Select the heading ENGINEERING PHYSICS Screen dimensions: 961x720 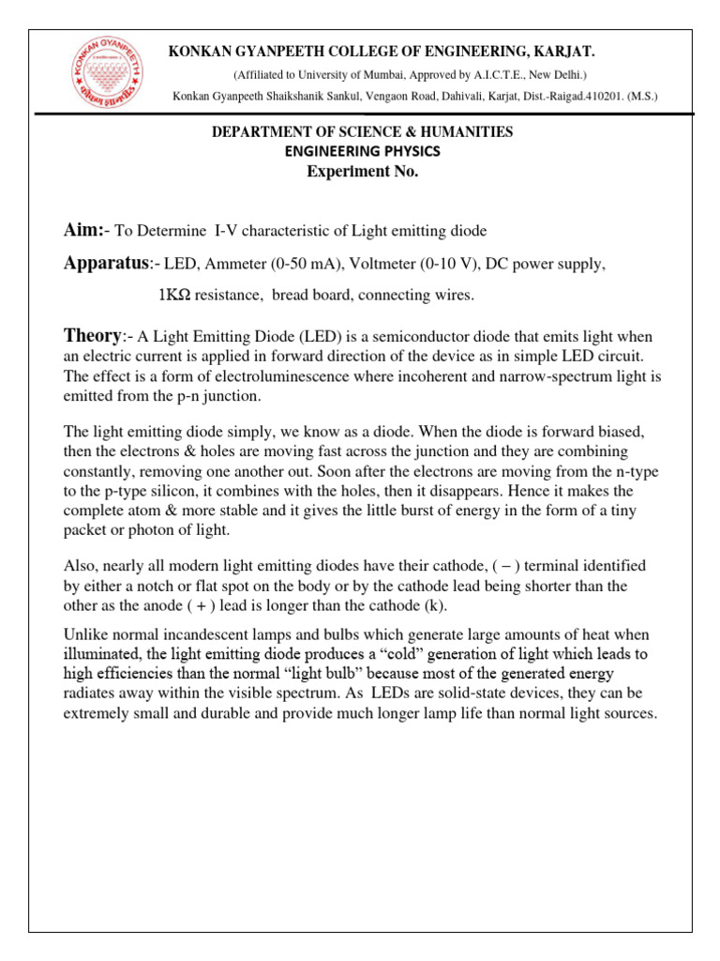(x=362, y=150)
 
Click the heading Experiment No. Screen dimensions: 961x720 (x=362, y=171)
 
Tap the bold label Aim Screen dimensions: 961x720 (x=82, y=231)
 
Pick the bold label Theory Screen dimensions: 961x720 (x=92, y=336)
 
